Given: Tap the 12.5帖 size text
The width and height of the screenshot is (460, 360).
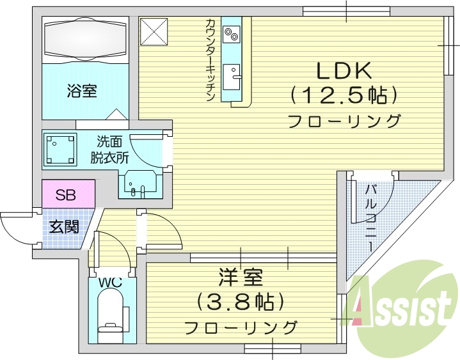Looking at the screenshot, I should point(344,96).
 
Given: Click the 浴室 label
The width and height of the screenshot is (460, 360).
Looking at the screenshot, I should point(82,91).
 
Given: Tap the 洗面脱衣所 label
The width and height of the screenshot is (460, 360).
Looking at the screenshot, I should point(109,150).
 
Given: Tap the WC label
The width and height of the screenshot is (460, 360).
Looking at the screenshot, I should point(110,281).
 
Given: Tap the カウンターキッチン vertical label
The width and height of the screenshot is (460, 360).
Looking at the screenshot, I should point(210,60).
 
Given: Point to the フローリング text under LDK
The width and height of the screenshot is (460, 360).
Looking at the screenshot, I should point(344,121).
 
